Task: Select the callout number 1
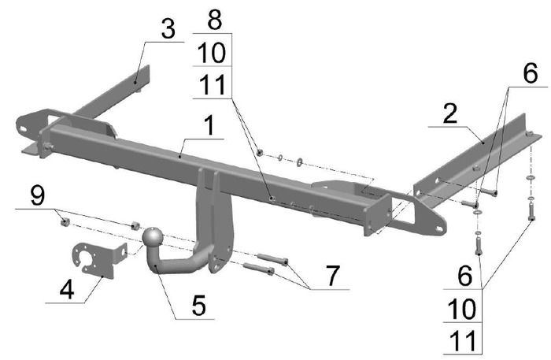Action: click(x=209, y=126)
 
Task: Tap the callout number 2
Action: click(x=450, y=113)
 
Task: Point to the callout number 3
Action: click(x=168, y=29)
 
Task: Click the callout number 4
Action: click(x=67, y=290)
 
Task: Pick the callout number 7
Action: click(x=332, y=276)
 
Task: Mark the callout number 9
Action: click(x=38, y=195)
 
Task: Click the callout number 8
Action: click(x=214, y=20)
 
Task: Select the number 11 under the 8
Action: click(x=212, y=85)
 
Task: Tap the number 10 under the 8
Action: click(x=212, y=53)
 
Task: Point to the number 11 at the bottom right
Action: click(x=464, y=341)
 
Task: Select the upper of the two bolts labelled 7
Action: click(x=273, y=259)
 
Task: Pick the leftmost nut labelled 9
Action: click(x=65, y=222)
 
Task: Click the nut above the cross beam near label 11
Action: click(x=260, y=152)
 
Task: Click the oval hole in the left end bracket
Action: click(x=23, y=128)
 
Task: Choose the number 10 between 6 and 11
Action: click(x=464, y=309)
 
